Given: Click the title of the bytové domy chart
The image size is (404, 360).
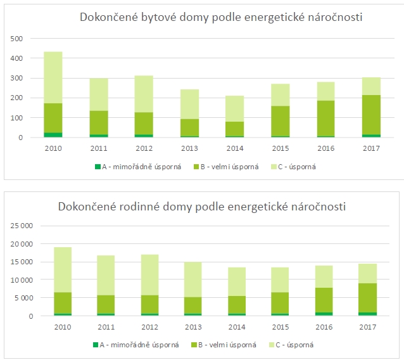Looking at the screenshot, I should (220, 17).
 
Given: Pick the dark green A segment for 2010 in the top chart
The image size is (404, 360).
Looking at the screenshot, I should (53, 134).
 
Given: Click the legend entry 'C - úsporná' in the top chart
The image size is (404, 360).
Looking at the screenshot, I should (298, 167).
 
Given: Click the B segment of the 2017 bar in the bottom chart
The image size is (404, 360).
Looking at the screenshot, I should (367, 298).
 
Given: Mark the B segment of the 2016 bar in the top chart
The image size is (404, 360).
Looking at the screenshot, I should (325, 119).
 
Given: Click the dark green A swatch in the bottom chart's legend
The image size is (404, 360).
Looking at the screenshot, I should (96, 345).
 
